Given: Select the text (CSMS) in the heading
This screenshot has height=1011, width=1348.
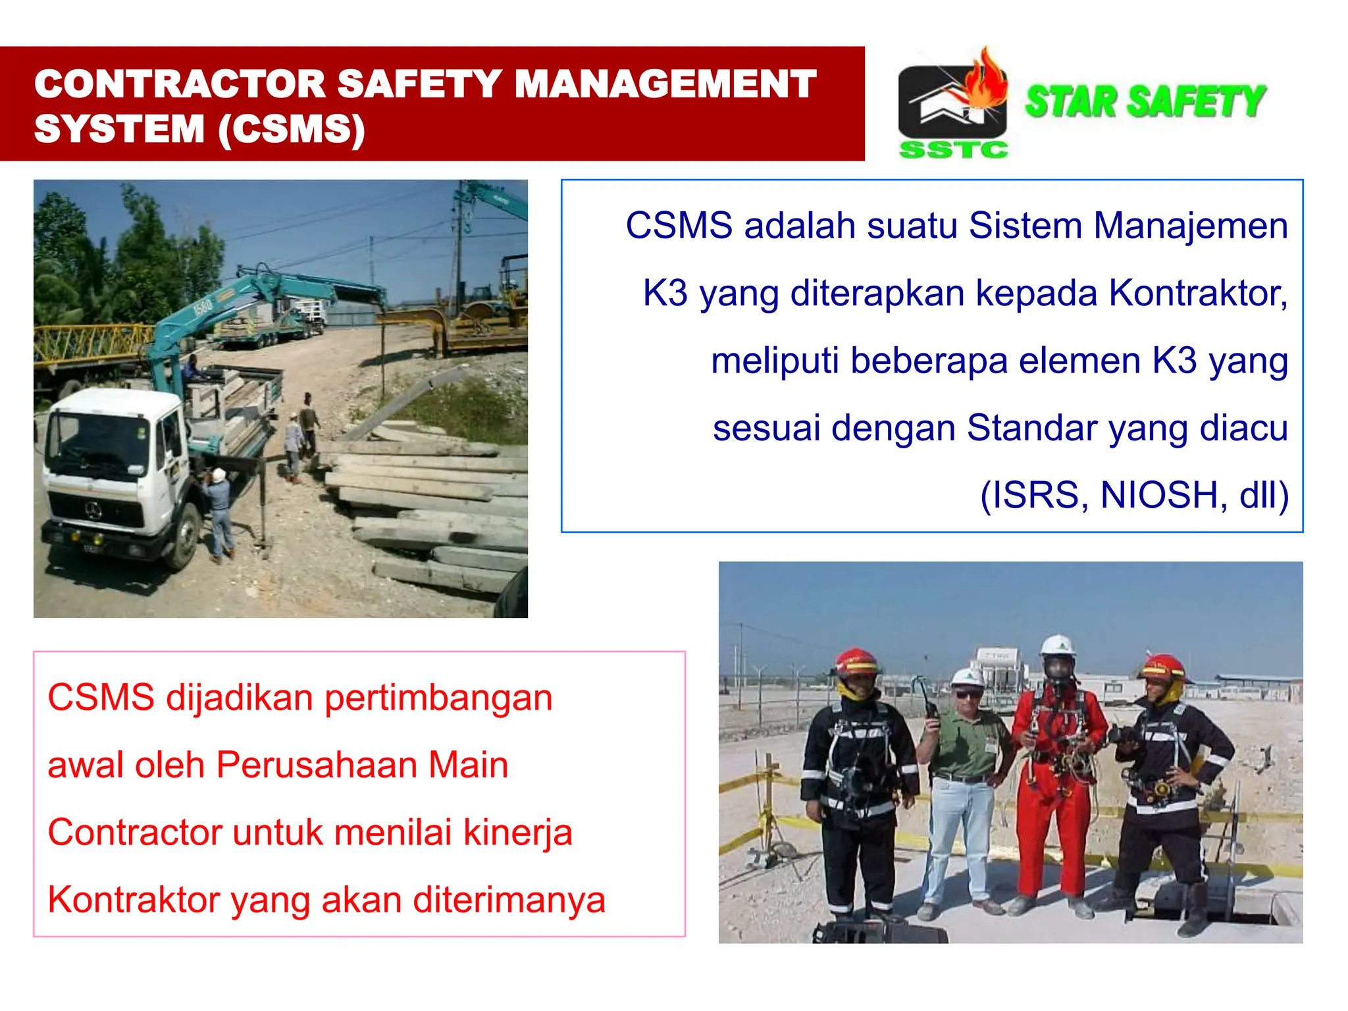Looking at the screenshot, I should point(291,129).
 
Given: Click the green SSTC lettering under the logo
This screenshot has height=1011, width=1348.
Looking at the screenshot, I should point(953,150).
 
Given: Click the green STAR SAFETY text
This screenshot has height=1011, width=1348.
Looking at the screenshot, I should point(1145,102).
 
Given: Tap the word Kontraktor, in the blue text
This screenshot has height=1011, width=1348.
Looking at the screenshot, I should point(1198,293).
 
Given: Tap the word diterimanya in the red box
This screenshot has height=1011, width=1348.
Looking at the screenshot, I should point(509,900).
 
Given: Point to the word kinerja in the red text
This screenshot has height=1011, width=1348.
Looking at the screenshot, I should point(517,833).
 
